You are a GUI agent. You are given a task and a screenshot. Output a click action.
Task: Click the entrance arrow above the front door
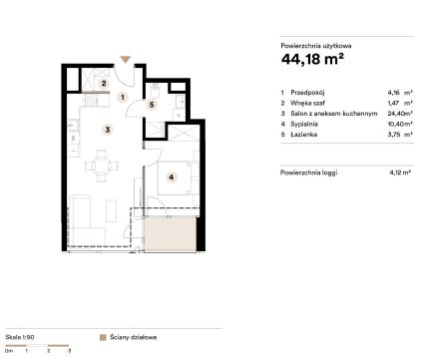pos(126,60)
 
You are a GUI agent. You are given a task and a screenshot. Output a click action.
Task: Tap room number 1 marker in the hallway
pos(123,98)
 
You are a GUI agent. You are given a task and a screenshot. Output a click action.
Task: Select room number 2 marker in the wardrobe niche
pos(104,83)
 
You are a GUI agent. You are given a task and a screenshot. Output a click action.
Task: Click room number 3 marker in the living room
pos(107,130)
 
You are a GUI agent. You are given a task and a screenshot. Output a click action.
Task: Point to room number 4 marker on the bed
pos(171,178)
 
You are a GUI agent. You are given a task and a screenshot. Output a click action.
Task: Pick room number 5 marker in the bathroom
pos(152,105)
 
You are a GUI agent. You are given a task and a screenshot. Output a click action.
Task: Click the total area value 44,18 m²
pos(312,59)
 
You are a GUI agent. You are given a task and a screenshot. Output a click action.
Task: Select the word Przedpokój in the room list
pos(307,93)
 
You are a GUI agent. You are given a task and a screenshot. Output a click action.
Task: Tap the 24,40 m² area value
pos(400,114)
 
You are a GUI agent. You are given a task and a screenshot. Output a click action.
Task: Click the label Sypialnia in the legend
pos(304,124)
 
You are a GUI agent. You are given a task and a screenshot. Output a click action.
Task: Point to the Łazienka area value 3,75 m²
pos(400,135)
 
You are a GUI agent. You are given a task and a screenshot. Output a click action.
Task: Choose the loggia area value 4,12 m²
pos(400,173)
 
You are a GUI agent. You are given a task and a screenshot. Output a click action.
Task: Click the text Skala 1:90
pos(20,337)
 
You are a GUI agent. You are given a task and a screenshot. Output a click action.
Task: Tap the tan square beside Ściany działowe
pos(103,337)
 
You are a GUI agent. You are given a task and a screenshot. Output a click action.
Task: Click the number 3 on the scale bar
pos(69,350)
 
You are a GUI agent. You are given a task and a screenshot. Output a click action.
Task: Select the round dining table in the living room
pos(102,166)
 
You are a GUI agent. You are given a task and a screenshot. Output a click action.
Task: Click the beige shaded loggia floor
pos(170,233)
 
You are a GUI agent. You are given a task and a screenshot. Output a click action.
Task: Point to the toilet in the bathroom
pos(155,90)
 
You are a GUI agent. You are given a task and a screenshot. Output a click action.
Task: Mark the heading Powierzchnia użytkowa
pos(316,46)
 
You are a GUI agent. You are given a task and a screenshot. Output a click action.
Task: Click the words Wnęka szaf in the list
pos(307,103)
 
